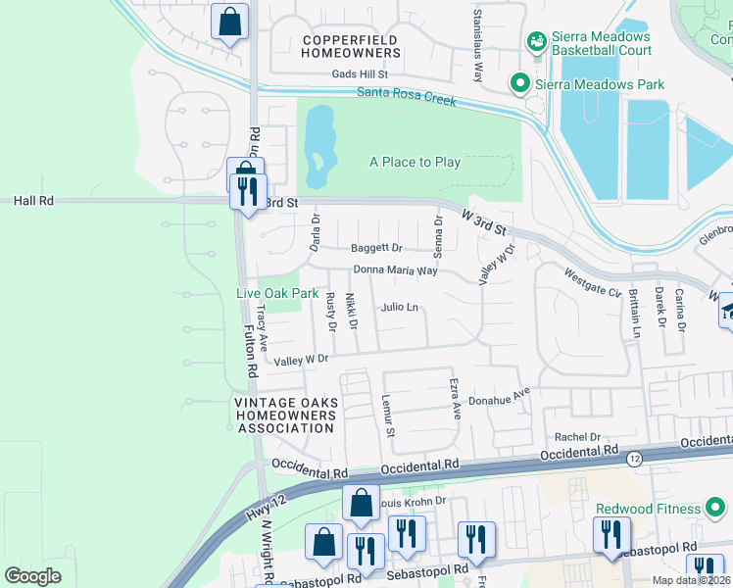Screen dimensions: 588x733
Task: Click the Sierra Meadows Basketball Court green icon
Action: coord(536,41)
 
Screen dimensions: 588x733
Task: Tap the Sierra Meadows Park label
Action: coord(600,84)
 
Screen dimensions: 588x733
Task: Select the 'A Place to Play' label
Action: coord(415,162)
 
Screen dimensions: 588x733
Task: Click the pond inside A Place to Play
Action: coord(318,146)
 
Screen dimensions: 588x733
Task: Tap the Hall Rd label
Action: coord(33,200)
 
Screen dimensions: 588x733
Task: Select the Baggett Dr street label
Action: coord(377,248)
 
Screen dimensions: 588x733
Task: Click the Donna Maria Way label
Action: coord(396,270)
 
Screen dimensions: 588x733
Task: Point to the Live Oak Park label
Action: coord(277,293)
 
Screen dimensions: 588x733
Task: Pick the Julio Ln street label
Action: coord(400,308)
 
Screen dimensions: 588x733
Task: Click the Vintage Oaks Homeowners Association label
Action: coord(285,416)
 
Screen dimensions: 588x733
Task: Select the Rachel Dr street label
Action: coord(576,438)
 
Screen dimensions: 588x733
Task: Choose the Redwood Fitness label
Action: coord(649,509)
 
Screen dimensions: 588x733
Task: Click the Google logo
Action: coord(32,576)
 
